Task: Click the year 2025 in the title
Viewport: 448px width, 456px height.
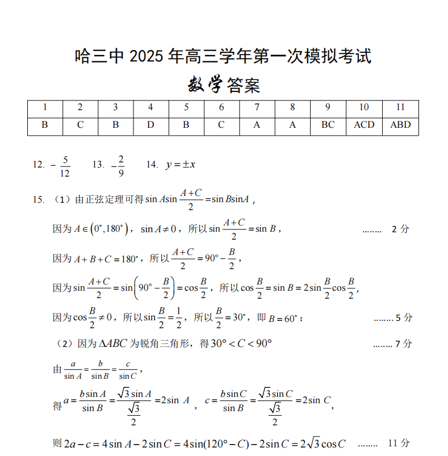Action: coord(146,57)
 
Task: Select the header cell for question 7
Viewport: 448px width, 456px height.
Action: coord(257,107)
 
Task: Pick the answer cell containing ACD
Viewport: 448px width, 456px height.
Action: coord(364,125)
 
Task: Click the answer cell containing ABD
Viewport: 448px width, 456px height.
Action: coord(400,125)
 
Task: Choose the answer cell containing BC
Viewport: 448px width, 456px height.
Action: coord(328,125)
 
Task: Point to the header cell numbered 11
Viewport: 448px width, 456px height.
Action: coord(400,107)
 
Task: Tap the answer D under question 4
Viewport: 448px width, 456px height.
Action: coord(150,125)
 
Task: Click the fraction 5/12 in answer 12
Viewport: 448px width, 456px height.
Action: coord(64,166)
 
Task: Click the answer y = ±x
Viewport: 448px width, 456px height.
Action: coord(181,165)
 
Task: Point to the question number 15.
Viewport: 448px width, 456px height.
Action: coord(39,199)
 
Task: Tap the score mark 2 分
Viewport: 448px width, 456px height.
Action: coord(400,229)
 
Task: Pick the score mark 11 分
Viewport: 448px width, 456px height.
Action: coord(398,443)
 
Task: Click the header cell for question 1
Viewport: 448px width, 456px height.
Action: coord(45,107)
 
